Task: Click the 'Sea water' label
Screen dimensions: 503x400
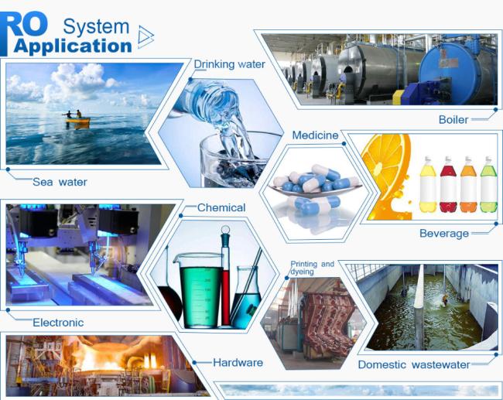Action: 60,182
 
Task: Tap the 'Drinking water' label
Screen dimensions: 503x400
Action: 229,64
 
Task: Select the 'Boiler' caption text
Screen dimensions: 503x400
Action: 453,120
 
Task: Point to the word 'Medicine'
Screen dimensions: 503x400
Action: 315,135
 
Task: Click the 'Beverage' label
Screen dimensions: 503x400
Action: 444,234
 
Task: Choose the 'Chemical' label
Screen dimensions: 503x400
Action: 221,207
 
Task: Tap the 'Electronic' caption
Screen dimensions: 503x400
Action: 58,323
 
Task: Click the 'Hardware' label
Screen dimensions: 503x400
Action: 238,362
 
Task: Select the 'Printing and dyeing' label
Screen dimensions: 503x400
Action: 312,268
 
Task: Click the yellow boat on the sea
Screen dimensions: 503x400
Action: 77,120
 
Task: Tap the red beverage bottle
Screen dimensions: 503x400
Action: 448,184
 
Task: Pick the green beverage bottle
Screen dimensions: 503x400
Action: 488,184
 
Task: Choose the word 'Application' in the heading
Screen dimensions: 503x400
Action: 73,46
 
